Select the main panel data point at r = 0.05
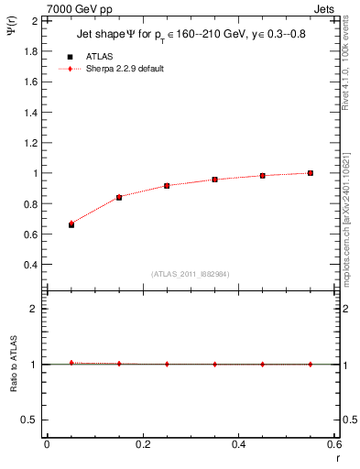coord(71,224)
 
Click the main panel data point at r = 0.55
coord(311,173)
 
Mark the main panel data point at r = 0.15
coord(119,197)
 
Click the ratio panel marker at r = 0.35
coord(215,364)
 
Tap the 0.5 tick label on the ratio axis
coord(29,420)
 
